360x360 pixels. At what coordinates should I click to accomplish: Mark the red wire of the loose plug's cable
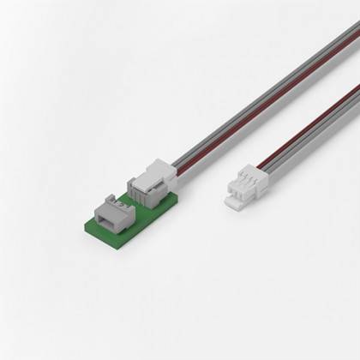pyautogui.click(x=300, y=129)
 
